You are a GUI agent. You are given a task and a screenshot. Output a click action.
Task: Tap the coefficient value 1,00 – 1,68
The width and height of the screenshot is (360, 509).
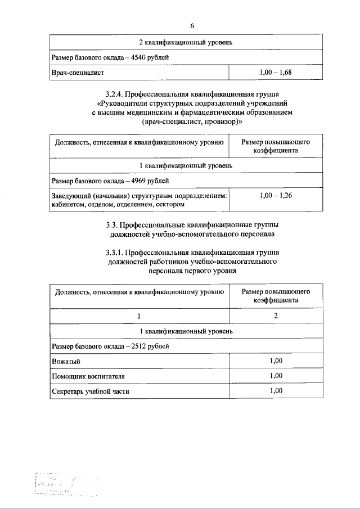276,73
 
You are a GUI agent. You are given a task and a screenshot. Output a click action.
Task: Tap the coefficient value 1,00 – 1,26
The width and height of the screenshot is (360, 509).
276,195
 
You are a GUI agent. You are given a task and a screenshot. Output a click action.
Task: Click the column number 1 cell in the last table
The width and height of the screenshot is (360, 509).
139,316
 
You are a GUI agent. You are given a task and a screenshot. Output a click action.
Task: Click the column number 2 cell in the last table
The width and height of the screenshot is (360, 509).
276,316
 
